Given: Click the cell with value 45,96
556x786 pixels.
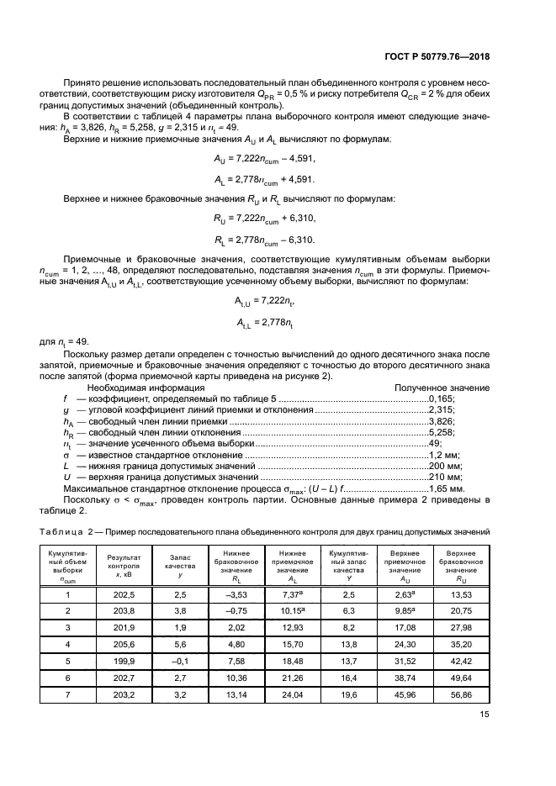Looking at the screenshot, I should click(x=400, y=694).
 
